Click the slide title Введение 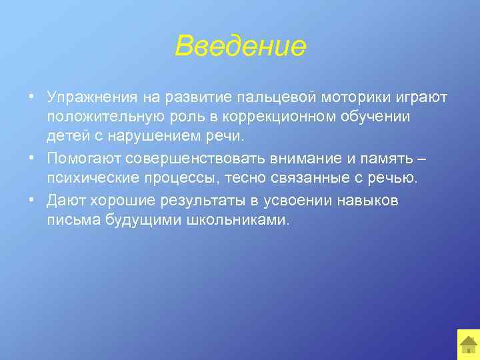click(x=240, y=47)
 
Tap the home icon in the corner click(x=469, y=344)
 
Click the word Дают click(x=63, y=201)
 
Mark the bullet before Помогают click(x=33, y=159)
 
